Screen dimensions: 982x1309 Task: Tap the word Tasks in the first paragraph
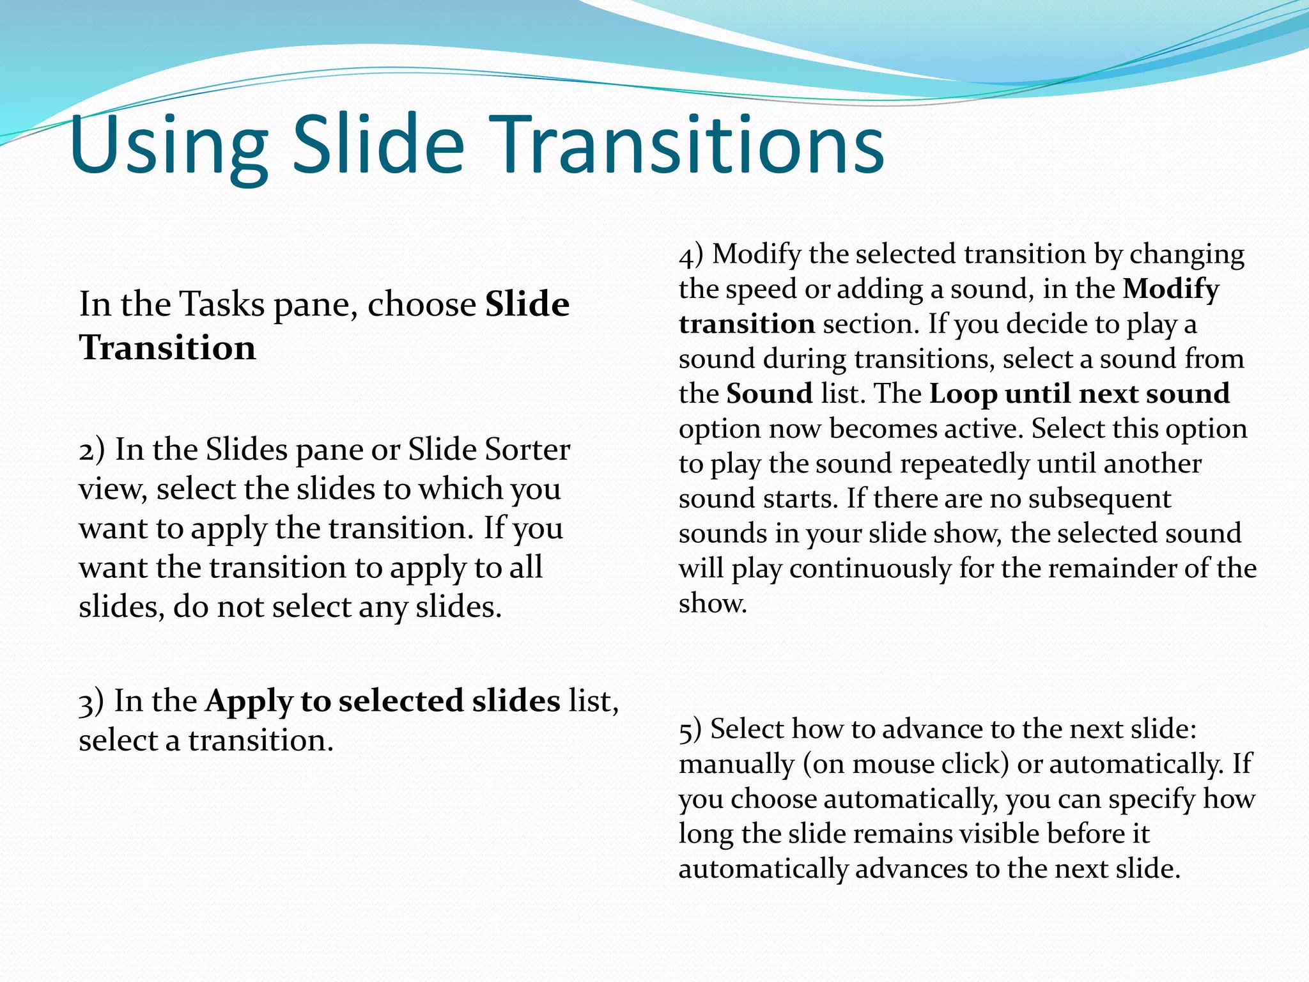point(222,304)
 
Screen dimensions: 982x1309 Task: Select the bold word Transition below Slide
point(167,348)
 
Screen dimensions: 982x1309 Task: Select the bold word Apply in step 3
point(248,703)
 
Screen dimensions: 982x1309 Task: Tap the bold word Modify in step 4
point(1171,290)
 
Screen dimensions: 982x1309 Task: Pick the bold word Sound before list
point(770,393)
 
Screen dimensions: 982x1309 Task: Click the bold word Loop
point(963,394)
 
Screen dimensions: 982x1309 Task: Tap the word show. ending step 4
point(713,603)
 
